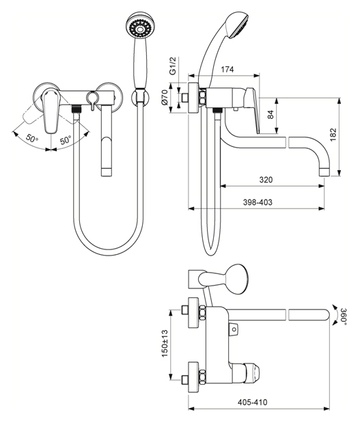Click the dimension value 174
(227, 69)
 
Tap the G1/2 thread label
(172, 66)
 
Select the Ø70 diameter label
(165, 98)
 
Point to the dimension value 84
(271, 114)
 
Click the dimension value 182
(333, 135)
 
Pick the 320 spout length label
(266, 180)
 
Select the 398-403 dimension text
(258, 202)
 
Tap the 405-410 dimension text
(252, 402)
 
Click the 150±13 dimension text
(165, 343)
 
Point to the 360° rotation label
(343, 315)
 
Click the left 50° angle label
(32, 139)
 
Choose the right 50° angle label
(66, 140)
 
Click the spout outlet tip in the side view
(324, 172)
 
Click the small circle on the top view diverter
(234, 329)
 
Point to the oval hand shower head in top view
(234, 278)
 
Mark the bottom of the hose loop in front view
(109, 254)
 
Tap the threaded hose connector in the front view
(77, 109)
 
